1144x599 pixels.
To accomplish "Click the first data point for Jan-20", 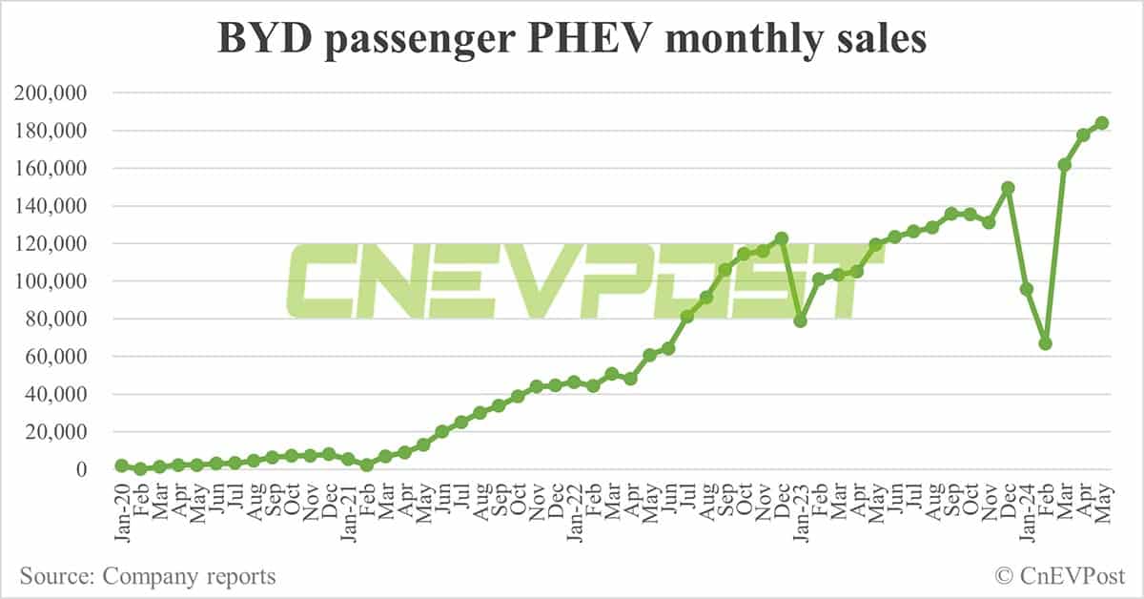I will point(121,465).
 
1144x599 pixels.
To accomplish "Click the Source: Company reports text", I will point(148,576).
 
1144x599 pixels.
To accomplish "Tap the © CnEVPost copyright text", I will point(1059,576).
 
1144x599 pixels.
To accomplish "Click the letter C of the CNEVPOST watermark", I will point(329,280).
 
